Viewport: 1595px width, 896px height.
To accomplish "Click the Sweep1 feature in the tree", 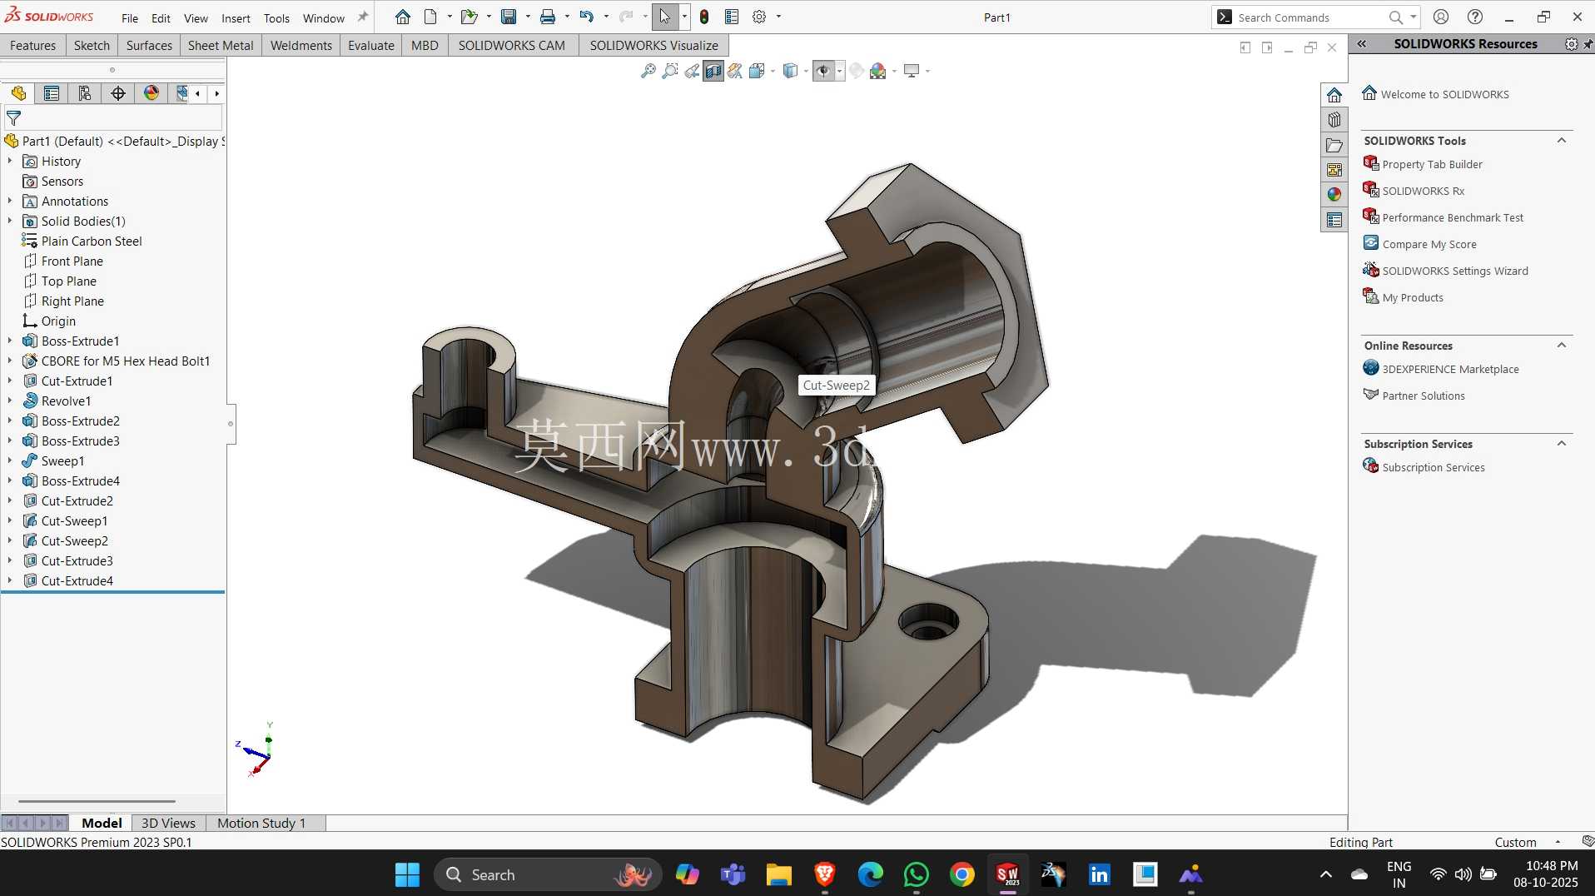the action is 62,460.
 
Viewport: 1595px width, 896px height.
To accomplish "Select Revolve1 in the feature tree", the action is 66,401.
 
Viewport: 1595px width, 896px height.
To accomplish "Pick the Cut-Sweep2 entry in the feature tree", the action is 74,540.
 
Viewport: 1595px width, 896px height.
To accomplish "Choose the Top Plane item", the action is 68,281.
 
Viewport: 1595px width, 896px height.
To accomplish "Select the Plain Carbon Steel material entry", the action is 92,241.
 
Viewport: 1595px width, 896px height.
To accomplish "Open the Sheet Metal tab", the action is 221,45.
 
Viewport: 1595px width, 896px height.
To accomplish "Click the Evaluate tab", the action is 370,45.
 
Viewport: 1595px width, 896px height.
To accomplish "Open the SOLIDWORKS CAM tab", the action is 511,45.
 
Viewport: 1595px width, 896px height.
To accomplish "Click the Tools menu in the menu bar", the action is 276,17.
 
